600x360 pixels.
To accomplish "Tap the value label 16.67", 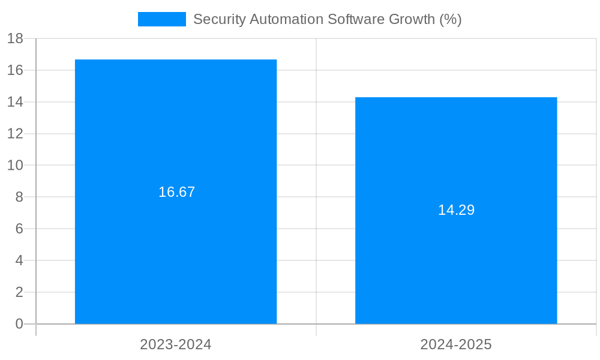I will pos(177,192).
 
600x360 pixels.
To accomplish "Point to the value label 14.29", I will pos(456,210).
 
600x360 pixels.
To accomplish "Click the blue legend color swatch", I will pos(162,19).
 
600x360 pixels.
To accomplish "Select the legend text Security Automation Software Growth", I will pos(327,19).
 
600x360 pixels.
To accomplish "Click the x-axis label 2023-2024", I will pos(176,344).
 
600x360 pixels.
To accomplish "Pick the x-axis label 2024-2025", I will pos(456,344).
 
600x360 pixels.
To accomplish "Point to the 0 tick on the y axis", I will pos(19,324).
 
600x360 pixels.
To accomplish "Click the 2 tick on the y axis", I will pos(19,292).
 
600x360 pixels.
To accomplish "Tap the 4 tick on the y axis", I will pos(19,260).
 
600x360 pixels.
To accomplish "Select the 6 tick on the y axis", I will pos(19,229).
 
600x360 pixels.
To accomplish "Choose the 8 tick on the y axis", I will pos(19,197).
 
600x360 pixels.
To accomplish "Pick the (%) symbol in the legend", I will pos(451,19).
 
